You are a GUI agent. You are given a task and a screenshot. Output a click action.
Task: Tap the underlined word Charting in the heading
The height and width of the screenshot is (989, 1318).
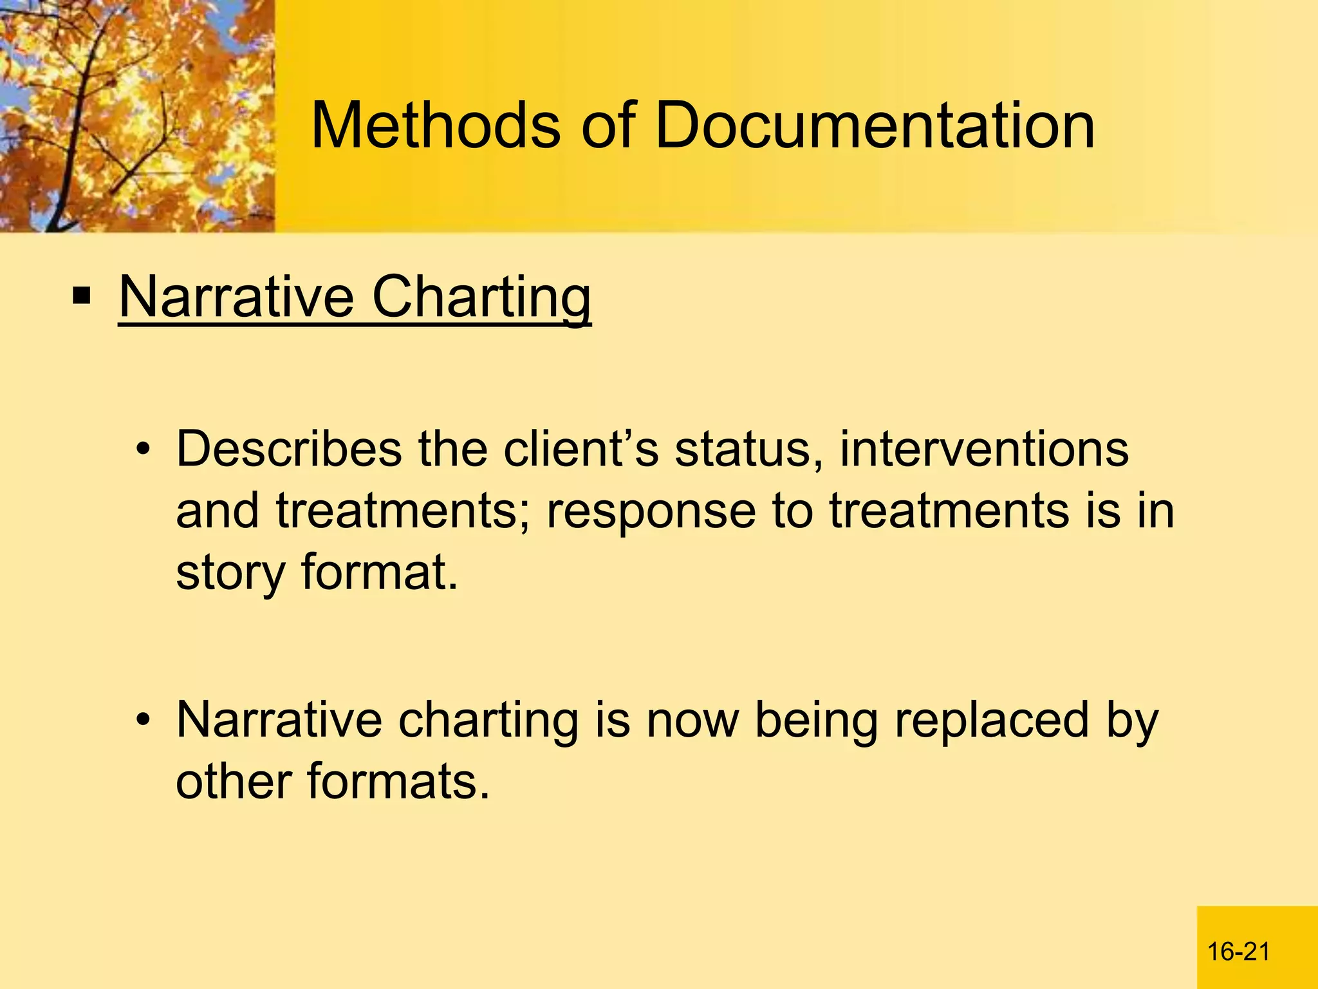[481, 297]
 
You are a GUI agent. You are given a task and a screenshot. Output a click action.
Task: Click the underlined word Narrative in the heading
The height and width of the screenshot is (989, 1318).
[236, 297]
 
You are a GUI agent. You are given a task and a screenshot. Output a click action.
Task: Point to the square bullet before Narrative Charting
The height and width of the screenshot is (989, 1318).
[82, 297]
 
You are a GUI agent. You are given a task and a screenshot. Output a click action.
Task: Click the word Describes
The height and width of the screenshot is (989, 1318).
[289, 449]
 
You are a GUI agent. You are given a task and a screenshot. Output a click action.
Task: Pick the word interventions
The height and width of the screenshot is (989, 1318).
[984, 449]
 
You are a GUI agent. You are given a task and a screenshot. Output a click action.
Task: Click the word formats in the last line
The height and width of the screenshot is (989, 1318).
[398, 781]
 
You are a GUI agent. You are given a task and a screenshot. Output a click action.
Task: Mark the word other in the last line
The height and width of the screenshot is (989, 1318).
[234, 781]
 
